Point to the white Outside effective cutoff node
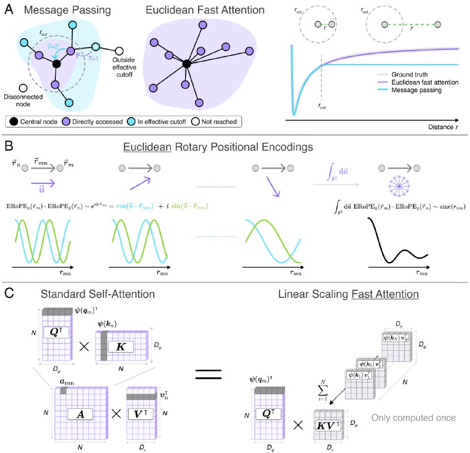[120, 51]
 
